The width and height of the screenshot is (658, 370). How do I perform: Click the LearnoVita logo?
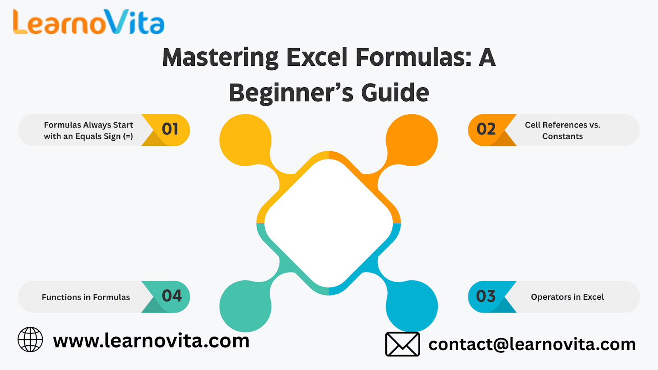pyautogui.click(x=88, y=22)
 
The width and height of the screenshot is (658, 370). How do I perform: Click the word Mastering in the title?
pyautogui.click(x=220, y=58)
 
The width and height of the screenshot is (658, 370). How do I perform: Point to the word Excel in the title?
pyautogui.click(x=317, y=57)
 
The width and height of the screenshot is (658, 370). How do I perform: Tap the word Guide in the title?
pyautogui.click(x=395, y=92)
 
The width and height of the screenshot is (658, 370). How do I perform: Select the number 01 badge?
pyautogui.click(x=170, y=129)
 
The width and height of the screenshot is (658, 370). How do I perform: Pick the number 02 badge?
pyautogui.click(x=487, y=129)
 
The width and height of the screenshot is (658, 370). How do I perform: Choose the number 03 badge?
pyautogui.click(x=486, y=296)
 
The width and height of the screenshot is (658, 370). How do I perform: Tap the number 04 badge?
pyautogui.click(x=171, y=296)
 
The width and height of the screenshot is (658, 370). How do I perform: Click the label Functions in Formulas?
pyautogui.click(x=86, y=297)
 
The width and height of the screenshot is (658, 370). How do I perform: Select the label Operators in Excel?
pyautogui.click(x=567, y=297)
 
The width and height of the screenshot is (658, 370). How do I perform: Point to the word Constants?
pyautogui.click(x=563, y=136)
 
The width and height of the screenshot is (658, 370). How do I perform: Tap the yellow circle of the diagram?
pyautogui.click(x=246, y=140)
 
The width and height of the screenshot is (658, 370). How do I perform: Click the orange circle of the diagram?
pyautogui.click(x=412, y=140)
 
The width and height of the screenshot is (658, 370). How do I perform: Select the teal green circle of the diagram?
pyautogui.click(x=246, y=306)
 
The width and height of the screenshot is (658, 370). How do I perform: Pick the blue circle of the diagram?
pyautogui.click(x=412, y=306)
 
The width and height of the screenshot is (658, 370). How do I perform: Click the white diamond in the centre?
pyautogui.click(x=329, y=223)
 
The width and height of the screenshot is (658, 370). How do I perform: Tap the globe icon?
pyautogui.click(x=30, y=340)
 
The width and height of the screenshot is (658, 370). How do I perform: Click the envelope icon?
pyautogui.click(x=403, y=344)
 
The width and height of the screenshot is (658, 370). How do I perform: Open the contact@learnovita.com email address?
pyautogui.click(x=532, y=344)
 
